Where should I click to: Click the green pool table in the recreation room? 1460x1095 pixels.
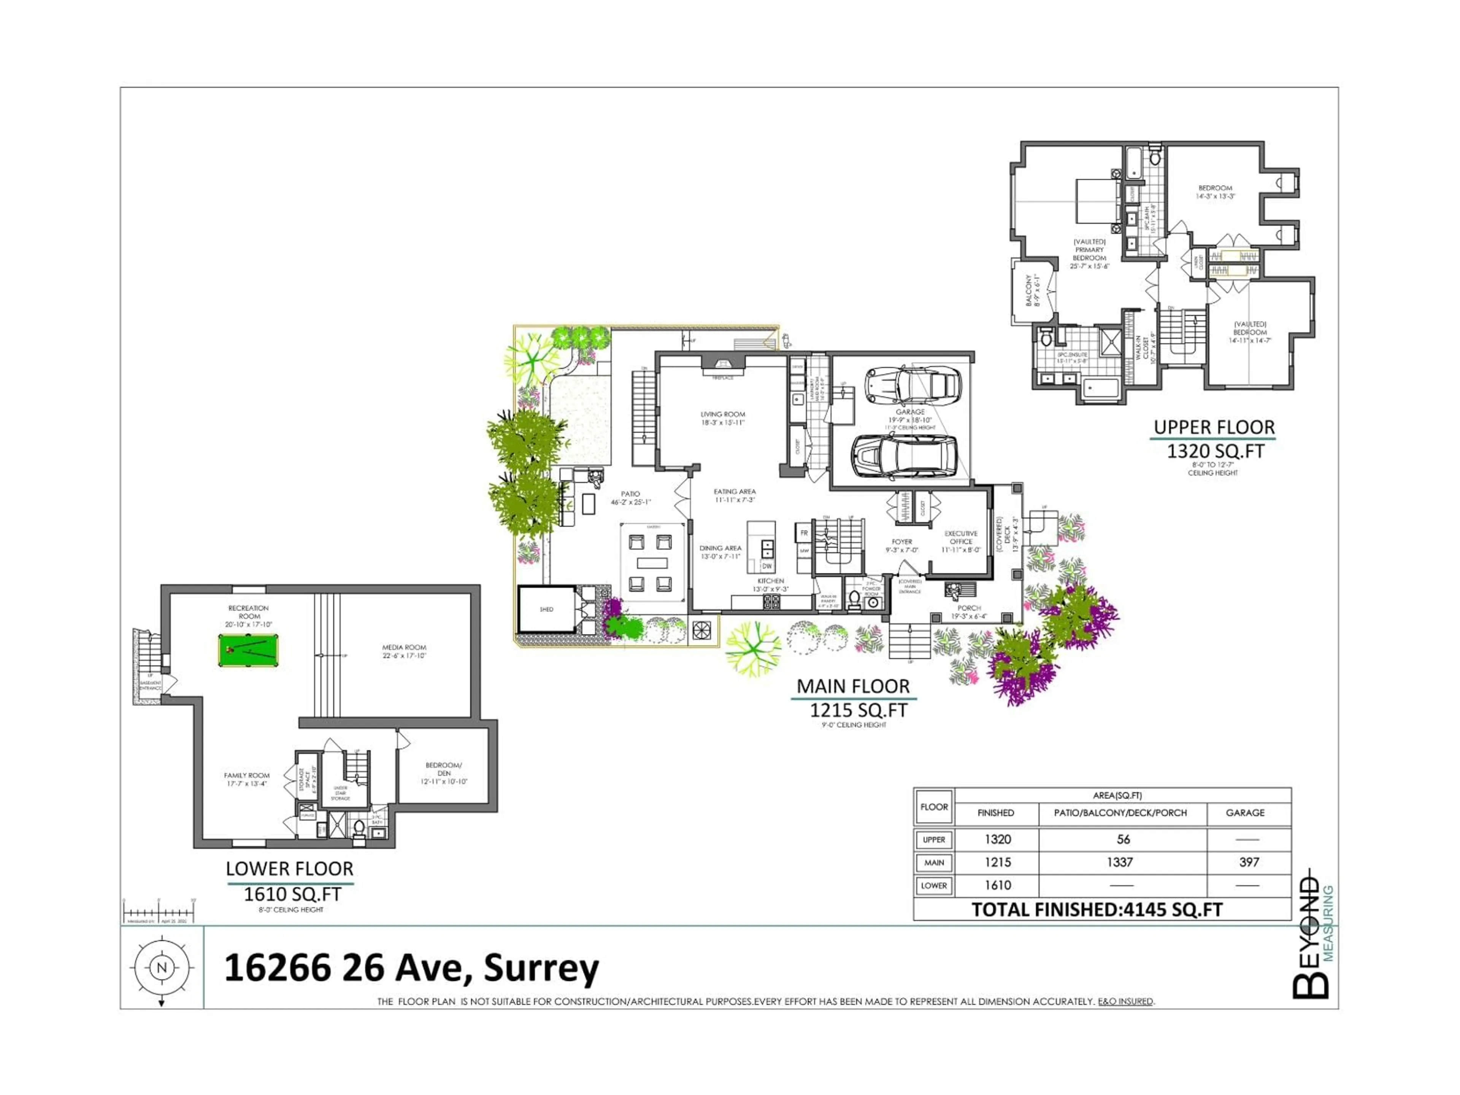pos(248,651)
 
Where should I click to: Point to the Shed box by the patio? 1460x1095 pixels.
pos(546,609)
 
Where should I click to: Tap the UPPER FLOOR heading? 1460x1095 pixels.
pos(1214,428)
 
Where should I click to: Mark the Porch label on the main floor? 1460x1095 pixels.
pos(969,608)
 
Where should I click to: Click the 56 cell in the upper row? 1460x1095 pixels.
pos(1123,839)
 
